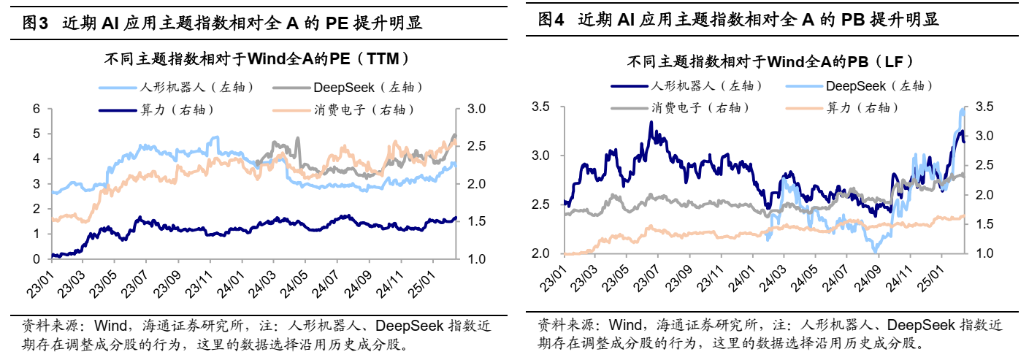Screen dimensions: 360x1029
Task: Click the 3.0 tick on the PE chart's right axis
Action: click(x=477, y=109)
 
